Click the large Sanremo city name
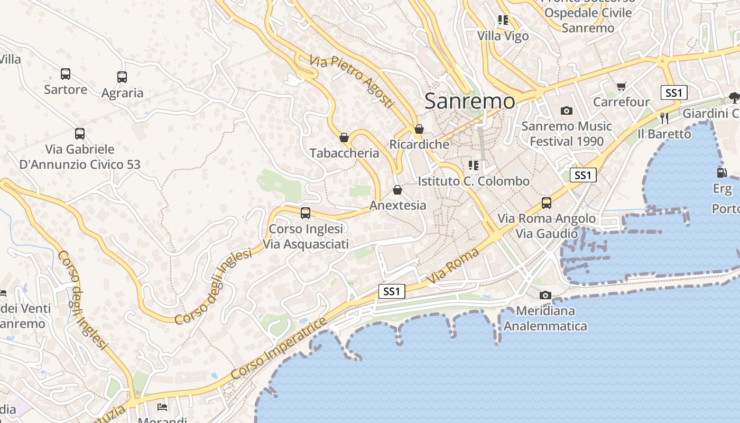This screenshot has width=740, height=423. pyautogui.click(x=469, y=101)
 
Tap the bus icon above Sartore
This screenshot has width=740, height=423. pyautogui.click(x=66, y=74)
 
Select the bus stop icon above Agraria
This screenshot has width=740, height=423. pyautogui.click(x=122, y=77)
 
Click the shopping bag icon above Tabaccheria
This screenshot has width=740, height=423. pyautogui.click(x=344, y=137)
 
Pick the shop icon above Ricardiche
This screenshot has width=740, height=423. pyautogui.click(x=419, y=128)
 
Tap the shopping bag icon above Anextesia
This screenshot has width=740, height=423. pyautogui.click(x=397, y=189)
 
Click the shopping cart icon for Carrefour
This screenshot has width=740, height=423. pyautogui.click(x=622, y=86)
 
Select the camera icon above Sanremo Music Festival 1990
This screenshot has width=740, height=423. pyautogui.click(x=567, y=111)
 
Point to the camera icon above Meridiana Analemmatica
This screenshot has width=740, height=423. pyautogui.click(x=545, y=295)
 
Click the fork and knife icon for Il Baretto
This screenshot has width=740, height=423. pyautogui.click(x=664, y=118)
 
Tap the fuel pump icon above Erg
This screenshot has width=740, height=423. pyautogui.click(x=721, y=172)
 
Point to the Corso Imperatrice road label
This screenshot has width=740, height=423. pyautogui.click(x=278, y=348)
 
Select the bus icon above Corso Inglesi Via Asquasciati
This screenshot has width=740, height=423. pyautogui.click(x=306, y=213)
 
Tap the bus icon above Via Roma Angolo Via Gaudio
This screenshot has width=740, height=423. pyautogui.click(x=547, y=203)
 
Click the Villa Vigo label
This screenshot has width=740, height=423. pyautogui.click(x=503, y=36)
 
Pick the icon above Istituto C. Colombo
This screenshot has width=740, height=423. pyautogui.click(x=474, y=165)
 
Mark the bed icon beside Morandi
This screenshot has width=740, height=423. pyautogui.click(x=163, y=407)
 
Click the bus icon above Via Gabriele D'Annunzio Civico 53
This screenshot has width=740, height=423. pyautogui.click(x=80, y=134)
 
